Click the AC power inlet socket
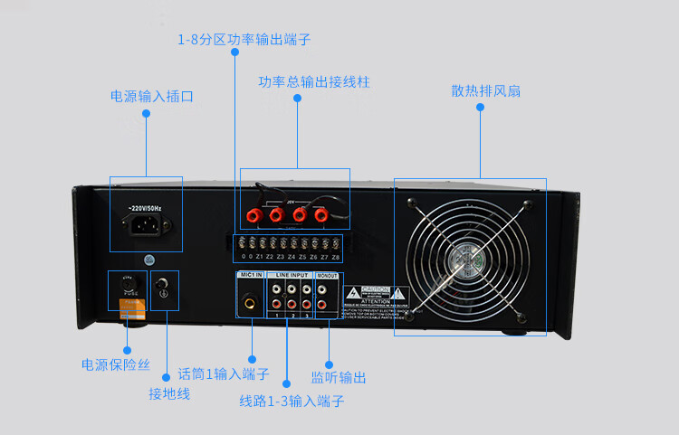tap(145, 224)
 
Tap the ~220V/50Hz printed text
tap(145, 208)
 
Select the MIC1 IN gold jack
tap(248, 303)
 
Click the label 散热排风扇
tap(485, 91)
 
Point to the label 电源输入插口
tap(152, 96)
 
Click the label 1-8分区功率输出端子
tap(244, 40)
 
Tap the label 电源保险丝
tap(116, 365)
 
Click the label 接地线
tap(169, 393)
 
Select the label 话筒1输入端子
tap(224, 374)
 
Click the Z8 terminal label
tap(336, 257)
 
